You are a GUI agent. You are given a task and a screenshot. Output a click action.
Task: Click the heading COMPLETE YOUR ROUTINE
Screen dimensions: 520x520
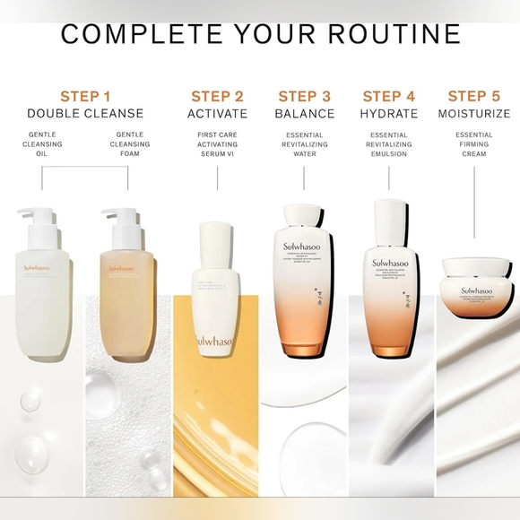tap(260, 33)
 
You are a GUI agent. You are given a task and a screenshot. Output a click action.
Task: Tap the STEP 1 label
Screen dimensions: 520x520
tap(85, 96)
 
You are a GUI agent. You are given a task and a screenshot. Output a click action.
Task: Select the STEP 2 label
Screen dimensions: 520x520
tap(217, 96)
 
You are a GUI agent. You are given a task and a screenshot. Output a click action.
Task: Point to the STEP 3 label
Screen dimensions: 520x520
tap(304, 96)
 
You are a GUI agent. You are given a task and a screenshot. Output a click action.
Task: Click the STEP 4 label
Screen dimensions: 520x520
tap(388, 96)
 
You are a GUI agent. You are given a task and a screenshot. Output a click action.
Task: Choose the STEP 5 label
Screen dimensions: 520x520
tap(473, 96)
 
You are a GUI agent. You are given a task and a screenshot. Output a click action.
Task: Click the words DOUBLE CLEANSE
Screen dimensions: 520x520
tap(85, 114)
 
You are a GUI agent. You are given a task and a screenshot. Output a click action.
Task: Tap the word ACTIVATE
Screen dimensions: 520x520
tap(217, 114)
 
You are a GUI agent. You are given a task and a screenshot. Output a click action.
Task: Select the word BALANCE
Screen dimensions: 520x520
tap(304, 114)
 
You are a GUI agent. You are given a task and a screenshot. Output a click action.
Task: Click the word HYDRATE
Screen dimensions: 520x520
tap(388, 114)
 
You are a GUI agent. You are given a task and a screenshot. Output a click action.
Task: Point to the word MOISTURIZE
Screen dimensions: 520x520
tap(473, 114)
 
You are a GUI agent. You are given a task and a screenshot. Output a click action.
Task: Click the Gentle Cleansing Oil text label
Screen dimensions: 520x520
tap(42, 143)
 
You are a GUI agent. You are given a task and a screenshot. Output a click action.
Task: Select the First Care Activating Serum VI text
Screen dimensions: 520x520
tap(217, 143)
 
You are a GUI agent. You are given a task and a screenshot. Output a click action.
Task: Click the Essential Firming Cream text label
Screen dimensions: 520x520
tap(473, 143)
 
